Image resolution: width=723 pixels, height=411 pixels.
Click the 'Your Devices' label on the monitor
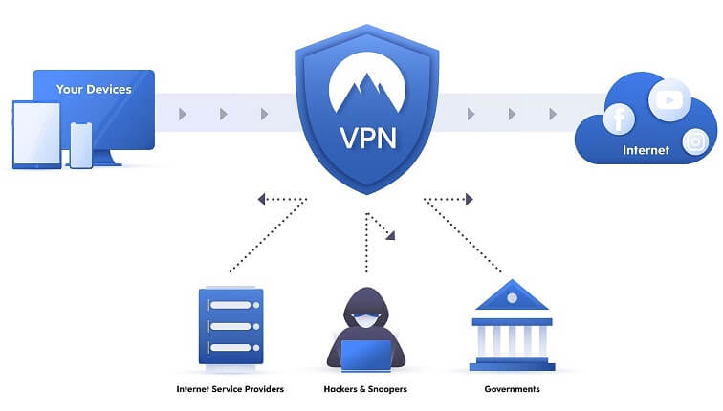(x=93, y=90)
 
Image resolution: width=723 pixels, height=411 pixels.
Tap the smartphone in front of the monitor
(x=81, y=144)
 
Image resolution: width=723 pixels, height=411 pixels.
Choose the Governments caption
(x=511, y=389)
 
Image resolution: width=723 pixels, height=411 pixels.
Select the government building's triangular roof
(x=511, y=295)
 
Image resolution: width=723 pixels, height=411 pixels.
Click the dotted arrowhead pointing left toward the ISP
(x=261, y=199)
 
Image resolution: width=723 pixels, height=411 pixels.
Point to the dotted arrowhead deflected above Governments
(x=469, y=199)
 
